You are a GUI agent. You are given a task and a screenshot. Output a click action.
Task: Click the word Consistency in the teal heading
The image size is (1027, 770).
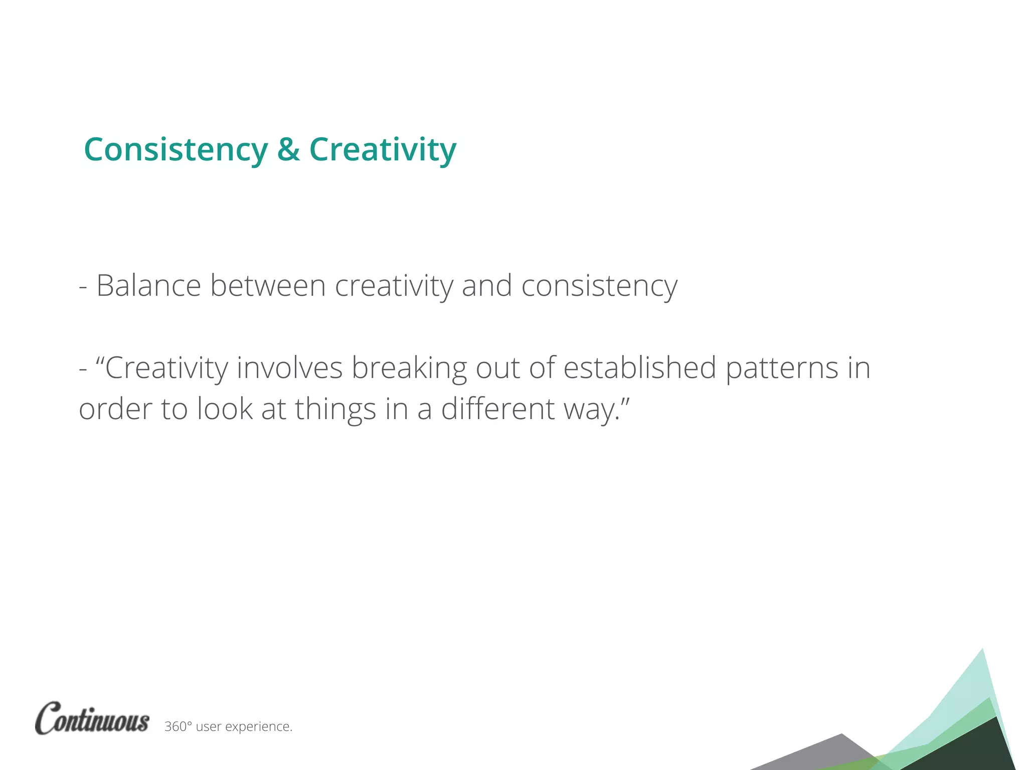tap(176, 150)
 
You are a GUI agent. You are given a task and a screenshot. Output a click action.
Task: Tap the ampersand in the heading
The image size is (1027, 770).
tap(288, 149)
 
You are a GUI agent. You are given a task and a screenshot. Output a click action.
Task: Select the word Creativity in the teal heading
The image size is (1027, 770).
tap(383, 150)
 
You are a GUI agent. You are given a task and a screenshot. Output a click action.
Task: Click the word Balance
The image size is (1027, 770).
tap(148, 286)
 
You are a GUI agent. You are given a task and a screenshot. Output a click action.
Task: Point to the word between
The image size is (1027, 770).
tap(268, 286)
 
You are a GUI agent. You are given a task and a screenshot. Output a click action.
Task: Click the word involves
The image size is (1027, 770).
tap(289, 367)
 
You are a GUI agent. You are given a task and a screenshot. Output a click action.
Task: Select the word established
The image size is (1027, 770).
tap(640, 367)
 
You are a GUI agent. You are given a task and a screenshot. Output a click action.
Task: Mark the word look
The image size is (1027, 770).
tap(225, 409)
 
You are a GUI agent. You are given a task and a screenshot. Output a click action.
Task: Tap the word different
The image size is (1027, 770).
tap(497, 409)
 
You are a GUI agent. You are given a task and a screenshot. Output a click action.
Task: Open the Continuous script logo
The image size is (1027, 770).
tap(92, 718)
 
